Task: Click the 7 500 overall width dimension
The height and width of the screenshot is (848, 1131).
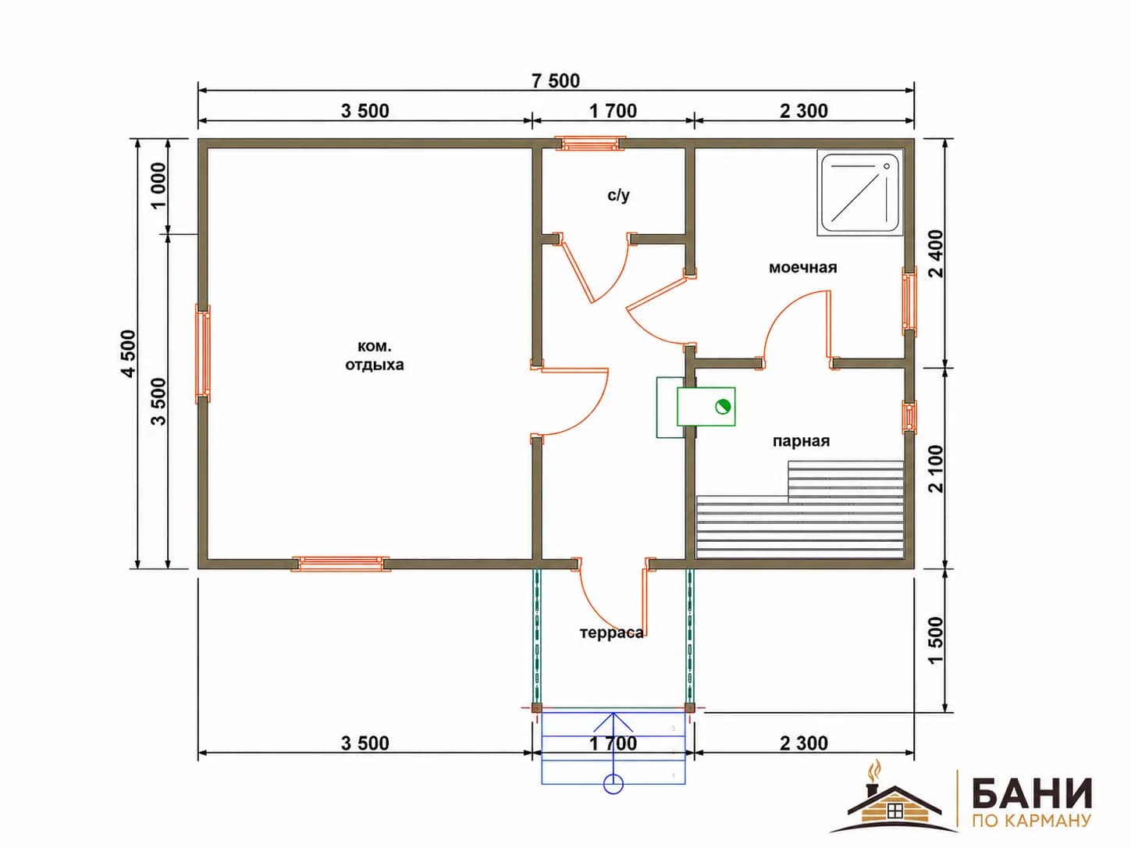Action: point(556,81)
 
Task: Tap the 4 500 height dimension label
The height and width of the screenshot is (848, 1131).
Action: point(128,354)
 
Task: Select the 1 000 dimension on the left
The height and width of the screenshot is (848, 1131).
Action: point(159,186)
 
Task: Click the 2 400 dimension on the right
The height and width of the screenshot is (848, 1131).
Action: point(936,254)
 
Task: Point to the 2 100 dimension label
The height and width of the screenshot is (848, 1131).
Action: point(936,469)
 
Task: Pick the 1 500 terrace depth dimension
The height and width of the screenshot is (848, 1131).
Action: point(936,641)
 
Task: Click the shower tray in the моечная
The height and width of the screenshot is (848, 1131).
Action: point(860,193)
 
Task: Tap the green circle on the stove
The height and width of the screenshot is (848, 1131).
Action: point(723,407)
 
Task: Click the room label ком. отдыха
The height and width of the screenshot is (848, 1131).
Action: point(375,355)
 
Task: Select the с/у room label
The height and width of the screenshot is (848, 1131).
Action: point(618,195)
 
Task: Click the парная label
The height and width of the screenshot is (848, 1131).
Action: point(802,441)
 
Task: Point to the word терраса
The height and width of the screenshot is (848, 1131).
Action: point(612,632)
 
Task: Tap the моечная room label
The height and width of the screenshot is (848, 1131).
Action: point(802,268)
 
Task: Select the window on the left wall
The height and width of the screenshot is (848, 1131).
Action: point(203,354)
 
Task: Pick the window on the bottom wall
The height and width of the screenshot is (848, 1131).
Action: point(340,564)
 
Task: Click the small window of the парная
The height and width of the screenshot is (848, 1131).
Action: point(909,416)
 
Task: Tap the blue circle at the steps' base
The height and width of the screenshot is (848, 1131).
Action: point(614,784)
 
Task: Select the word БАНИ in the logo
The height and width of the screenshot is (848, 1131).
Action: point(1032,793)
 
